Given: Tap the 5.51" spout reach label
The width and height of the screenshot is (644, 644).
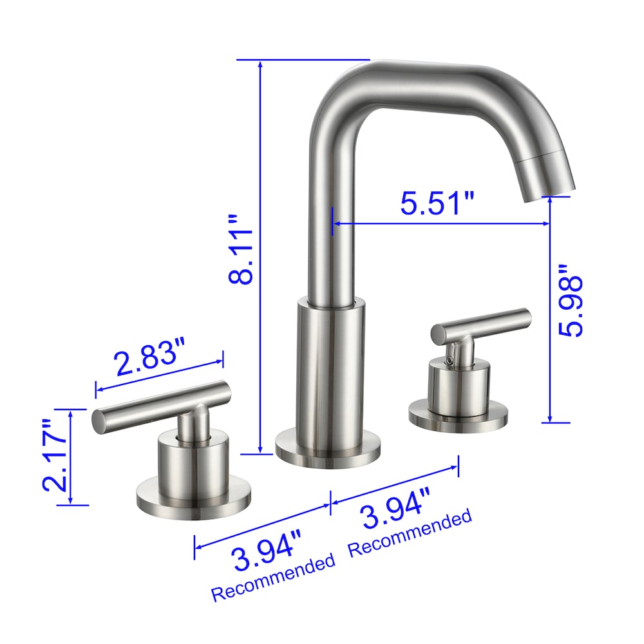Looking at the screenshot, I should [437, 204].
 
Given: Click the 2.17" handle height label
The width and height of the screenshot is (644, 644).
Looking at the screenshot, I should [55, 456].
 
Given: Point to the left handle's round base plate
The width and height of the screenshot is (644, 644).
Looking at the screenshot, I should [193, 499].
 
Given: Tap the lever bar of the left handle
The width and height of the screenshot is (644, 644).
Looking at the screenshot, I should [161, 406].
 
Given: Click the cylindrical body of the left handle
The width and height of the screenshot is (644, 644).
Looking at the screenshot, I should [193, 464].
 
